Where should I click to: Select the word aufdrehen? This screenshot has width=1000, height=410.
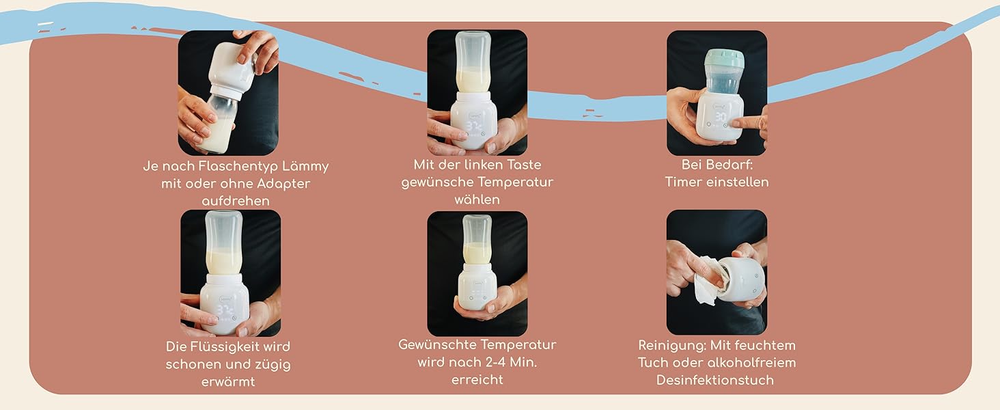point(235,202)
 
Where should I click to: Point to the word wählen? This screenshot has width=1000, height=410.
point(477,200)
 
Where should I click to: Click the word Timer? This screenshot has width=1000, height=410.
point(682,182)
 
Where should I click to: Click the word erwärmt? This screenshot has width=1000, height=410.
point(228,382)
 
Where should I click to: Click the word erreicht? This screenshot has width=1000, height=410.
point(477,380)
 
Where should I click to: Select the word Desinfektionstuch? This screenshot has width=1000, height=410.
point(714,381)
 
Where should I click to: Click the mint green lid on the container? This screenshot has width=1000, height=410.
point(723,57)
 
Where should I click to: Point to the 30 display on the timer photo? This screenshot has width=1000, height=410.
point(721,117)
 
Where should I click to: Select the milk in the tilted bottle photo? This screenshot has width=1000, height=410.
point(214,135)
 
